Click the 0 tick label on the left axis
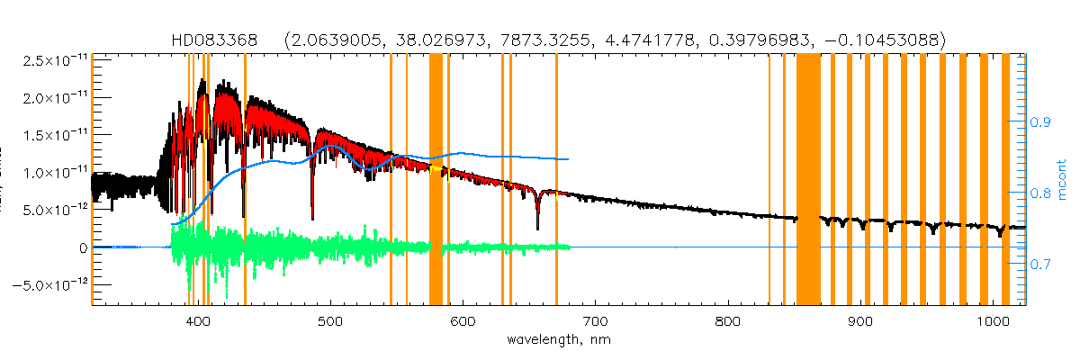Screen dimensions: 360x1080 [x=83, y=247]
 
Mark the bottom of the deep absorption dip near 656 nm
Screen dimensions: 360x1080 [x=537, y=229]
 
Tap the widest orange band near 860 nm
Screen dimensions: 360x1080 [x=808, y=180]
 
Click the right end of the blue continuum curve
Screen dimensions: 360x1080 [x=568, y=159]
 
